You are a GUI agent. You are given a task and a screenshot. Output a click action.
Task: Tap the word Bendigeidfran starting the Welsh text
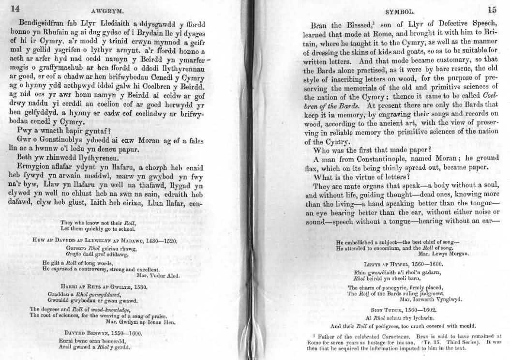click(x=42, y=22)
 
